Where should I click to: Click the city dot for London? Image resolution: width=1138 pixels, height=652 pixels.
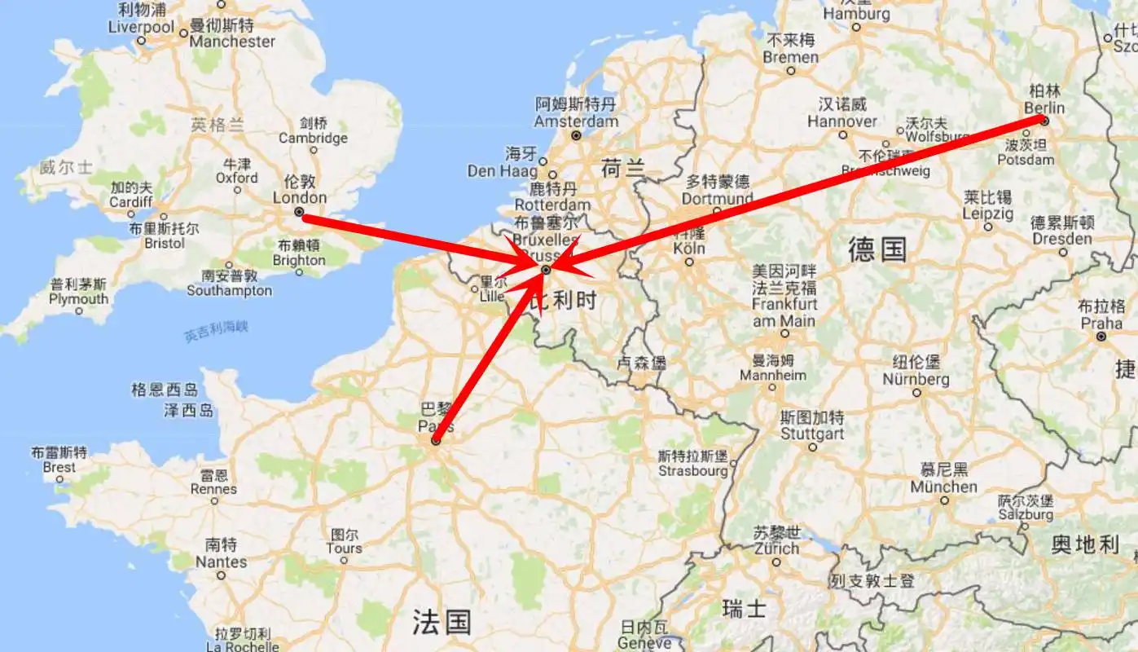299,212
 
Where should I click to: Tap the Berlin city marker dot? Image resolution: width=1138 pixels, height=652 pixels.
1044,121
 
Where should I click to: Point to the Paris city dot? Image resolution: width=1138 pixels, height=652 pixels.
436,441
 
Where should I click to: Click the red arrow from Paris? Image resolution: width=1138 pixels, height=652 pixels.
489,359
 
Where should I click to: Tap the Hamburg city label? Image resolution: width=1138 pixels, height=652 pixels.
856,14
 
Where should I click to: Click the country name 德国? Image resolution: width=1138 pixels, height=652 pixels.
877,249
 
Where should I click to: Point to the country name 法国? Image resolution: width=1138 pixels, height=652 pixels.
441,623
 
